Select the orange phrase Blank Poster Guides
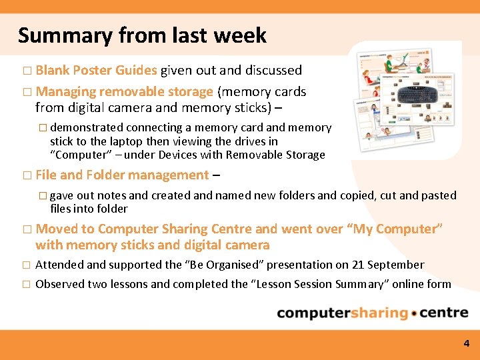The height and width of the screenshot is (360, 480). click(96, 70)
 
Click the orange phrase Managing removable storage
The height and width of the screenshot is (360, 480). click(124, 91)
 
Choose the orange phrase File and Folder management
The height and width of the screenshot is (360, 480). click(122, 175)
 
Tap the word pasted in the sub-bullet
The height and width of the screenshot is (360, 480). click(439, 195)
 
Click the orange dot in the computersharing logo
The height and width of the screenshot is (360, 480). click(414, 313)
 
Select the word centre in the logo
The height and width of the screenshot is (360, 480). click(445, 313)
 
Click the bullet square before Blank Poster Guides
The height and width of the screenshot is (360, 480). click(27, 71)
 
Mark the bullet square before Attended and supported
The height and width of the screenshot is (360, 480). click(27, 265)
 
